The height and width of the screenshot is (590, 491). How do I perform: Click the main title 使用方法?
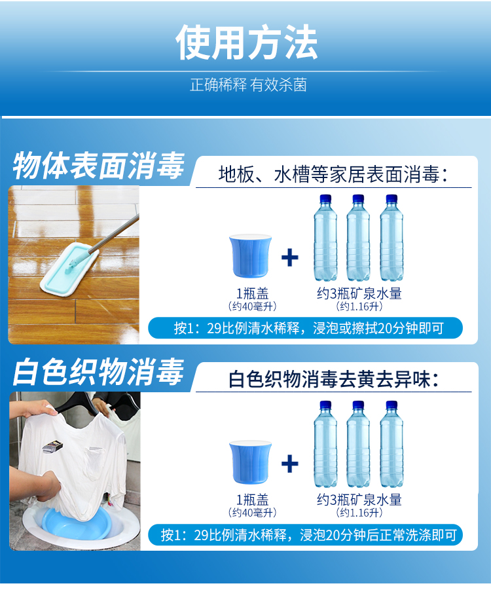246,42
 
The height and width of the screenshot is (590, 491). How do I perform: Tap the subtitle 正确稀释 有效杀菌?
248,85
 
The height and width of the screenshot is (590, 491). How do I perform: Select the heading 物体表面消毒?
99,166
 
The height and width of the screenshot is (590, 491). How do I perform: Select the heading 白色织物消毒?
99,372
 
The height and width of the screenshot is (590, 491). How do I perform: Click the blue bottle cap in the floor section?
250,256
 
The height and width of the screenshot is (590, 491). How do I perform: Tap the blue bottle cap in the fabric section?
250,462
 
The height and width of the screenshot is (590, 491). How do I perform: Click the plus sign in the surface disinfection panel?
290,258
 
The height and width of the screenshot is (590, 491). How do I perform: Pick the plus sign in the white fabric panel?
290,464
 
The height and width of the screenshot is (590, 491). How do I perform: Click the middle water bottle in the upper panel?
358,238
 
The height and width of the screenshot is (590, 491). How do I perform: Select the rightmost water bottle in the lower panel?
391,444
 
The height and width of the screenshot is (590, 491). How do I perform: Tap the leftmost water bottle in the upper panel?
325,238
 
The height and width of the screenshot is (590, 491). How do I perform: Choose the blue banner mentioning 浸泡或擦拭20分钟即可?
305,328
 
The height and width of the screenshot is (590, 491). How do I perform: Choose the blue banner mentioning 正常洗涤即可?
305,534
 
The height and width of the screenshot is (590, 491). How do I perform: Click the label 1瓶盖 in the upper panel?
253,293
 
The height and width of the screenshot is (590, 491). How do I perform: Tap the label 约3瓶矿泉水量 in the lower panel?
359,500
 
